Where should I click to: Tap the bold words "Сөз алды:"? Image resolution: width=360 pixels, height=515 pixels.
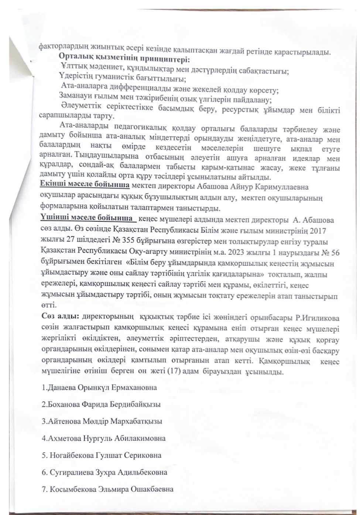(59, 318)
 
